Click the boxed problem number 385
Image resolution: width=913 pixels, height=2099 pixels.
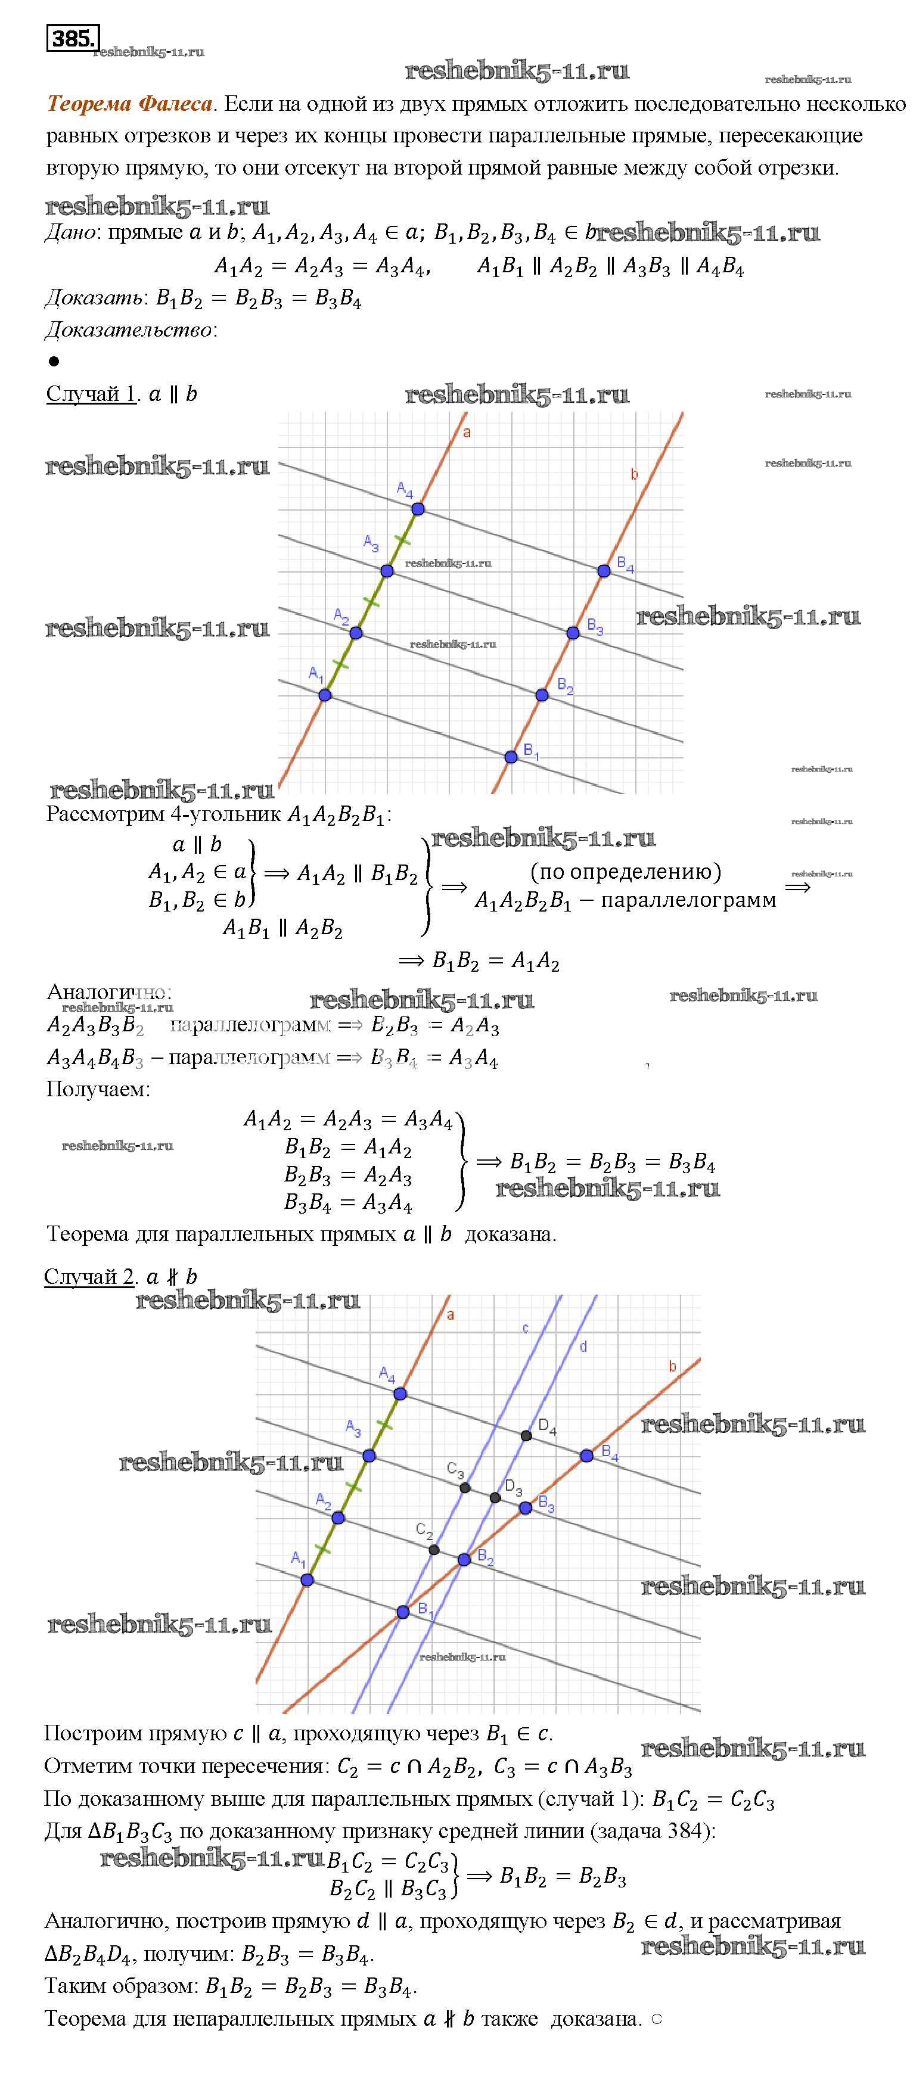pos(73,38)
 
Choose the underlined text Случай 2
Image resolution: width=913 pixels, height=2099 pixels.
pos(89,1277)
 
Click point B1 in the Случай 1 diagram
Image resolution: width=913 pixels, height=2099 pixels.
pos(511,757)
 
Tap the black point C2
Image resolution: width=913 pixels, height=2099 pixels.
pos(434,1550)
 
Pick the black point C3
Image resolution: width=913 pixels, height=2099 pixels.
pos(465,1488)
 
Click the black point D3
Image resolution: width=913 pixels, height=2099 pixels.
pos(495,1498)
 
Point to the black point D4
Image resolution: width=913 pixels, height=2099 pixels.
pos(527,1436)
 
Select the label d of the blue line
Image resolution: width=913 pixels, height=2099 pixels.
pos(583,1347)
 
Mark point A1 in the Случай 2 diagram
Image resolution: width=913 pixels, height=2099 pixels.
pos(308,1580)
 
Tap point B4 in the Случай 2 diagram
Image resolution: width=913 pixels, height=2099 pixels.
pos(587,1456)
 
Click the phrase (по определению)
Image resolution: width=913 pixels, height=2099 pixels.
pos(625,872)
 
